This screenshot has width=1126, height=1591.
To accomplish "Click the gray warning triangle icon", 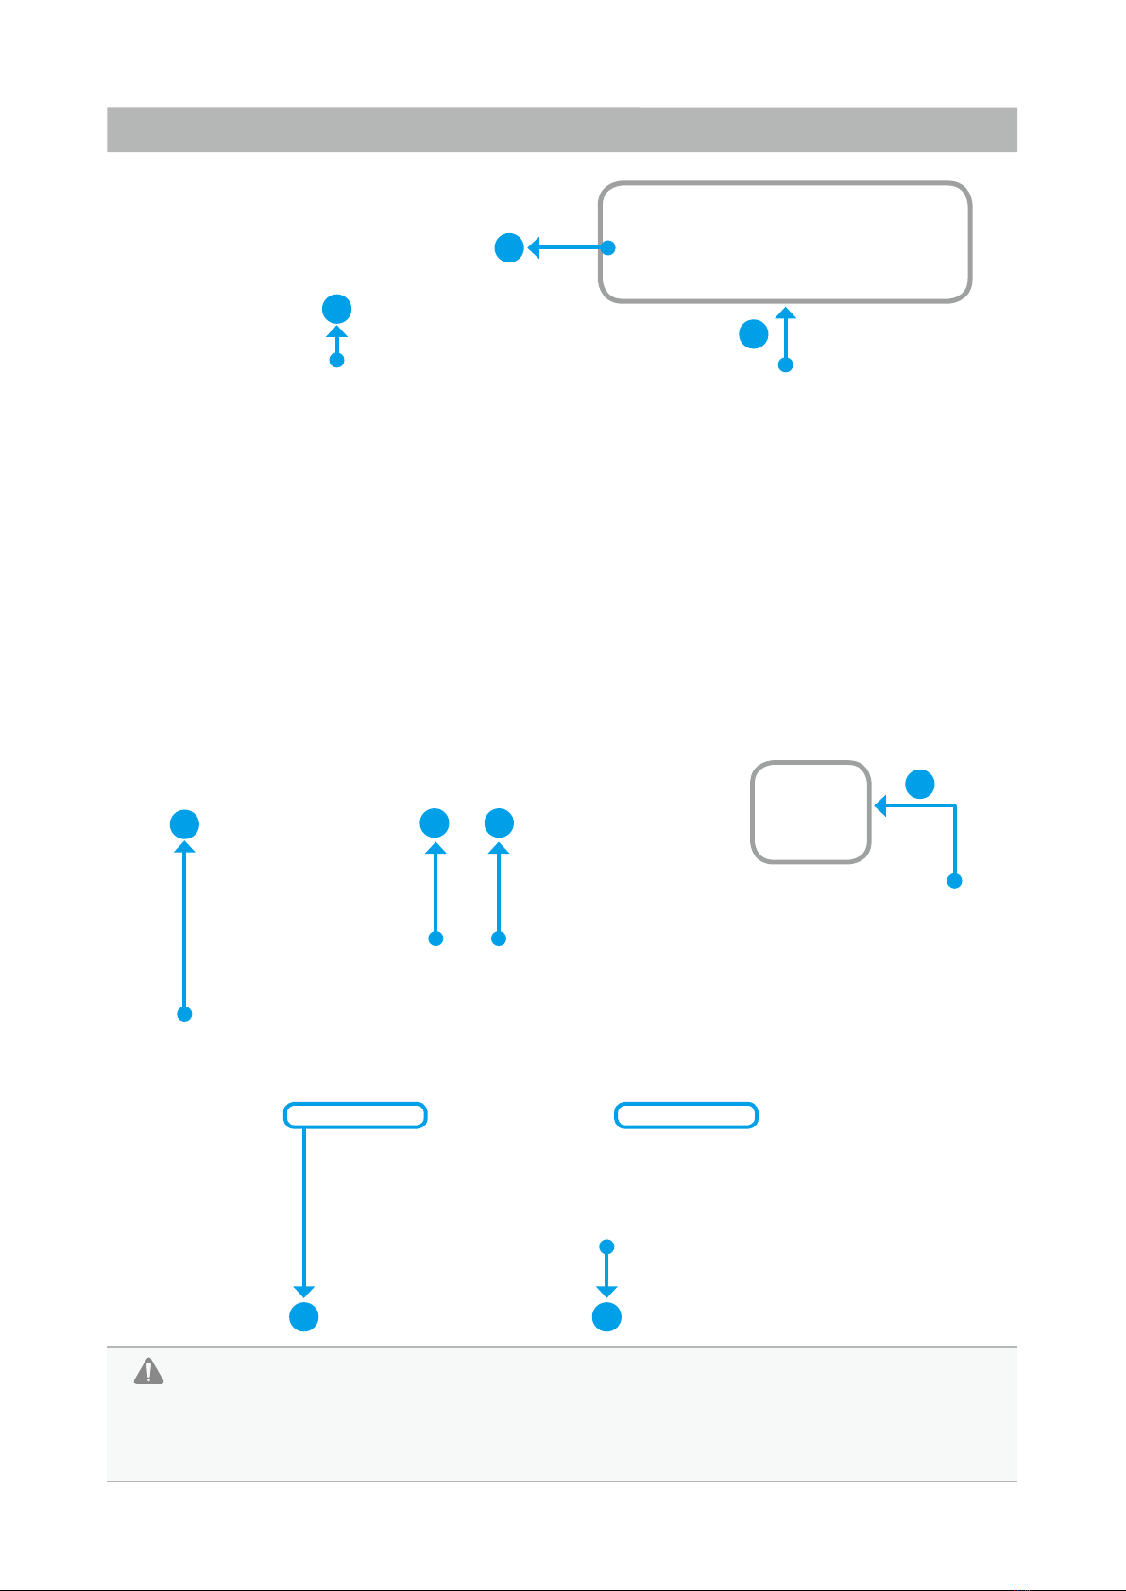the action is tap(148, 1371).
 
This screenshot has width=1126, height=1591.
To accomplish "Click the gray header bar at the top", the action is tap(561, 129).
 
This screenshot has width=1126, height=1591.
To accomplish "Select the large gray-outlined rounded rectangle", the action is tap(785, 242).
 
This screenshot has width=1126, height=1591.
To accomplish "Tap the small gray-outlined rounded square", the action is tap(810, 812).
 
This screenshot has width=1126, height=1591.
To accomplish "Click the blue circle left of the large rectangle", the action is tap(509, 248).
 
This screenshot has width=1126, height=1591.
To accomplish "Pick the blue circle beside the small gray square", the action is tap(920, 783).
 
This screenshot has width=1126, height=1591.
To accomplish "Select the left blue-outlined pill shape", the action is tap(355, 1115).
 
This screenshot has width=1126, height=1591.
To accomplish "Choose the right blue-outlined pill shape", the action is tap(686, 1115).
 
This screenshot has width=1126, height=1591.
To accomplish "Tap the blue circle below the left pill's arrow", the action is tap(303, 1317).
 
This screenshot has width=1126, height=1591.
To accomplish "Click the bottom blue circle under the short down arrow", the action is tap(606, 1317).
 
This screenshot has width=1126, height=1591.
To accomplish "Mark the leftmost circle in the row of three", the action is tap(184, 823).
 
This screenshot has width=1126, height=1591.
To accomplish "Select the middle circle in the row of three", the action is tap(435, 823).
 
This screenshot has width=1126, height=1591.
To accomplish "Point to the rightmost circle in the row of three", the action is tap(499, 823).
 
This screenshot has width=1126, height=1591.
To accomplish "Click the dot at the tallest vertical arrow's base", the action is tap(185, 1014).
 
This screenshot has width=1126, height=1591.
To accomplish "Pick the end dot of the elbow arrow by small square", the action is tap(955, 881).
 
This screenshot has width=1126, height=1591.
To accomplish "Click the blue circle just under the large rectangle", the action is tap(753, 334).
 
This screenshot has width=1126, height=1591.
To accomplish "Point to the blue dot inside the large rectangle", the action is tap(609, 248).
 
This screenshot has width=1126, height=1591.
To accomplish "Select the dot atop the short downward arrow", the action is tap(607, 1246).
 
